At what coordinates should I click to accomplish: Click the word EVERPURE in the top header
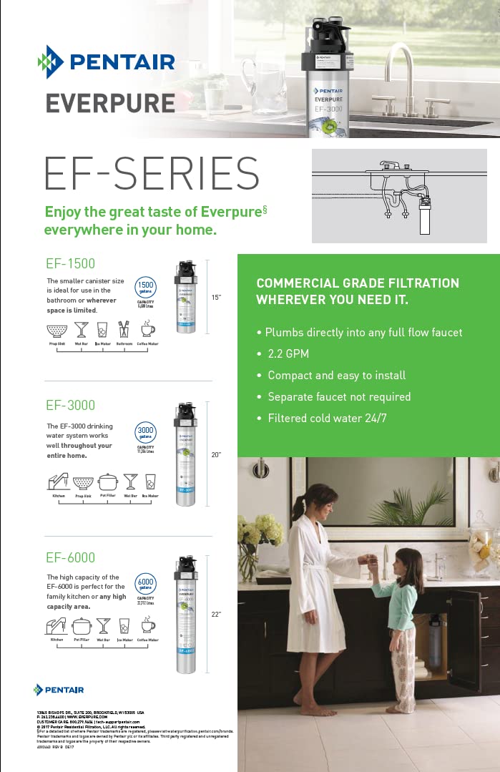110,102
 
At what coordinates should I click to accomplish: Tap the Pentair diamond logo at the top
51,62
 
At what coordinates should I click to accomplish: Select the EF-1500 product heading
71,264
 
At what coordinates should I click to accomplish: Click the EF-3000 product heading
71,406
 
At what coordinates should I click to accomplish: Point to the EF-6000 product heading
71,557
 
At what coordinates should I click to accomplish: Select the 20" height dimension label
216,454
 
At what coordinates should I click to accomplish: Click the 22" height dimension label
216,614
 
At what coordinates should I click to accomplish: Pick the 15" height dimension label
216,295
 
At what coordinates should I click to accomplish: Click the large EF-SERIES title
152,174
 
